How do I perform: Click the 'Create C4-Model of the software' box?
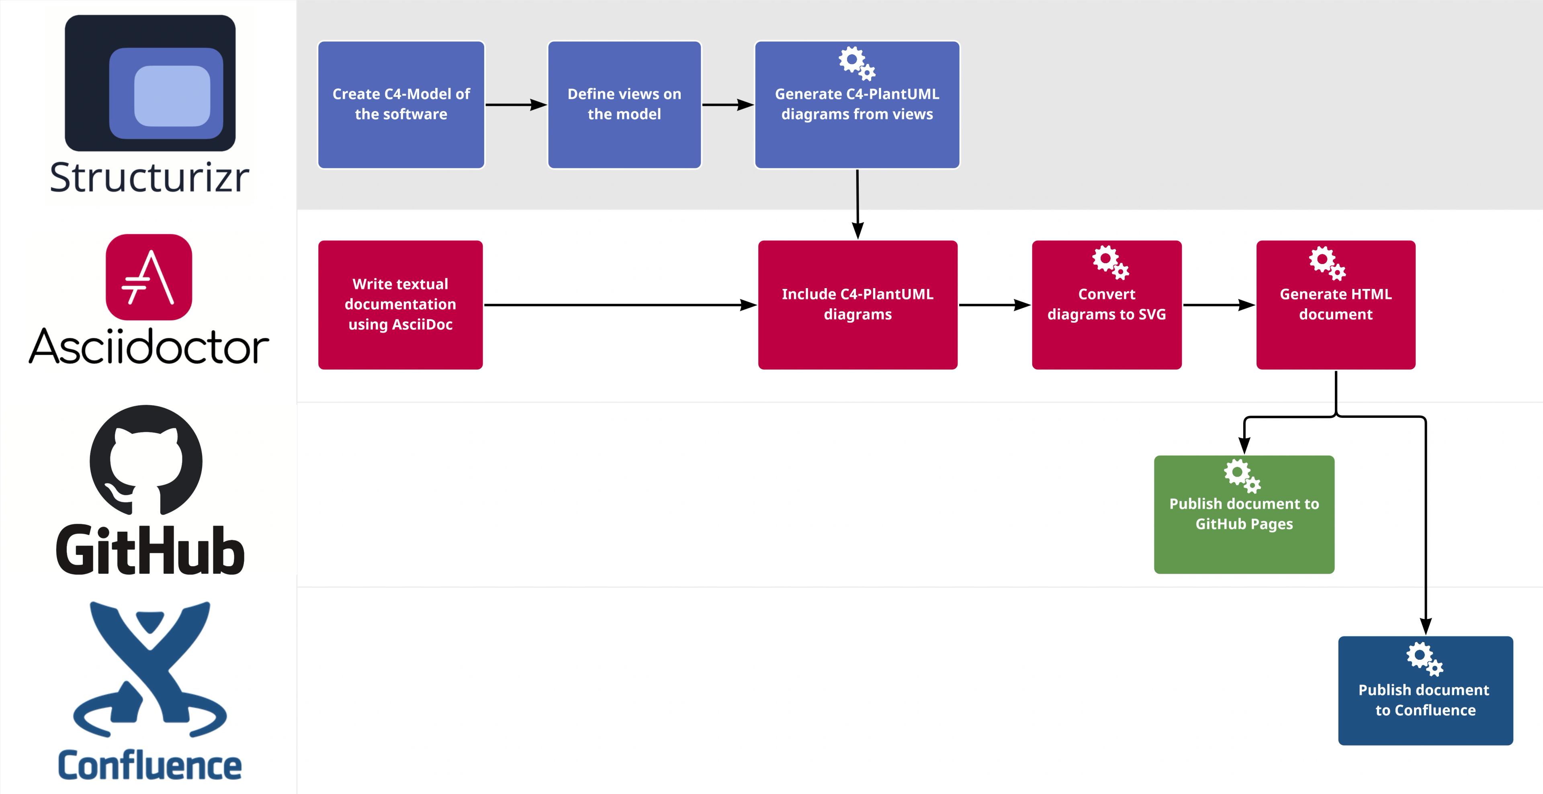pos(401,105)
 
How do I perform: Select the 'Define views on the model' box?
pos(624,105)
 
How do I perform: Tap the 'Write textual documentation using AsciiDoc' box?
pos(400,305)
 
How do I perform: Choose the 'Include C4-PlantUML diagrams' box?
pos(858,305)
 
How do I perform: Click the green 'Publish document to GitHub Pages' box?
pos(1244,514)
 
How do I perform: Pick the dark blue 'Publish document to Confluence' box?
pos(1426,690)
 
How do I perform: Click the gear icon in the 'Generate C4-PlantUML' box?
pos(857,63)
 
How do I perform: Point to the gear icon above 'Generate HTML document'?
pos(1327,263)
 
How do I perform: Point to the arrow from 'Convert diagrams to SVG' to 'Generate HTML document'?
pos(1220,305)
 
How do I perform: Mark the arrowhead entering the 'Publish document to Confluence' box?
pos(1426,626)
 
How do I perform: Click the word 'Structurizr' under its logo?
pos(149,178)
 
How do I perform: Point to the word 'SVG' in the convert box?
pos(1152,314)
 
